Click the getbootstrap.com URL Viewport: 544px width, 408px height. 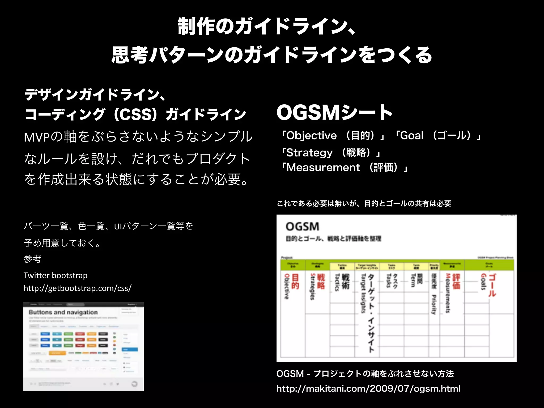(x=77, y=288)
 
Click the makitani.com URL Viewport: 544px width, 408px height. (x=368, y=389)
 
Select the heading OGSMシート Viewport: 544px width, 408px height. (x=334, y=113)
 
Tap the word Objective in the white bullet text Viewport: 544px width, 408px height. (x=312, y=136)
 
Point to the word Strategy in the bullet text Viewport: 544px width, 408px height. (x=309, y=153)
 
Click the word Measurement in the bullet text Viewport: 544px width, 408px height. (x=323, y=168)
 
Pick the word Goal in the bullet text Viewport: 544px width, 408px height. (x=411, y=136)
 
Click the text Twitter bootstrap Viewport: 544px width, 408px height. (x=55, y=275)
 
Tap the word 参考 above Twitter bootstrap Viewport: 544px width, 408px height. (x=32, y=259)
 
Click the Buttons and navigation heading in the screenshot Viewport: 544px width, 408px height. (x=63, y=312)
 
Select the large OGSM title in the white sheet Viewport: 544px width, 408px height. (x=302, y=227)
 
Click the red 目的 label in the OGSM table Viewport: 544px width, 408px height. (x=295, y=282)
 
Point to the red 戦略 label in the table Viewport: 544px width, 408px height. (x=321, y=282)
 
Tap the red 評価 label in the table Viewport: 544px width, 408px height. (x=456, y=282)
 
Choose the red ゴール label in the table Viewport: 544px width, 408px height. (x=492, y=285)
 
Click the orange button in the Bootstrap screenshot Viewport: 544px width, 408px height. (x=57, y=353)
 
